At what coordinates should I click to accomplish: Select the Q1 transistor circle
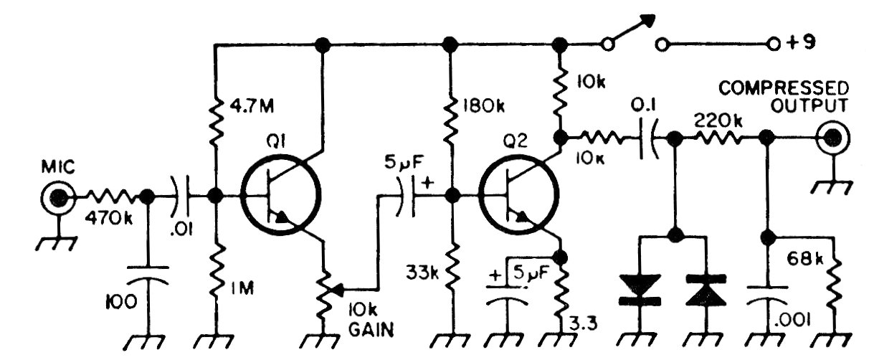coord(280,195)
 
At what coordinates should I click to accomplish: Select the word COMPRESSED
coord(784,89)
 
